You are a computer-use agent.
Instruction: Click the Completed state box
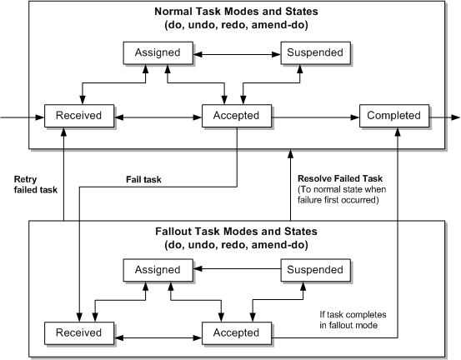pyautogui.click(x=394, y=115)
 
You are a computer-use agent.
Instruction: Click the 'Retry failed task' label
pyautogui.click(x=34, y=183)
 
